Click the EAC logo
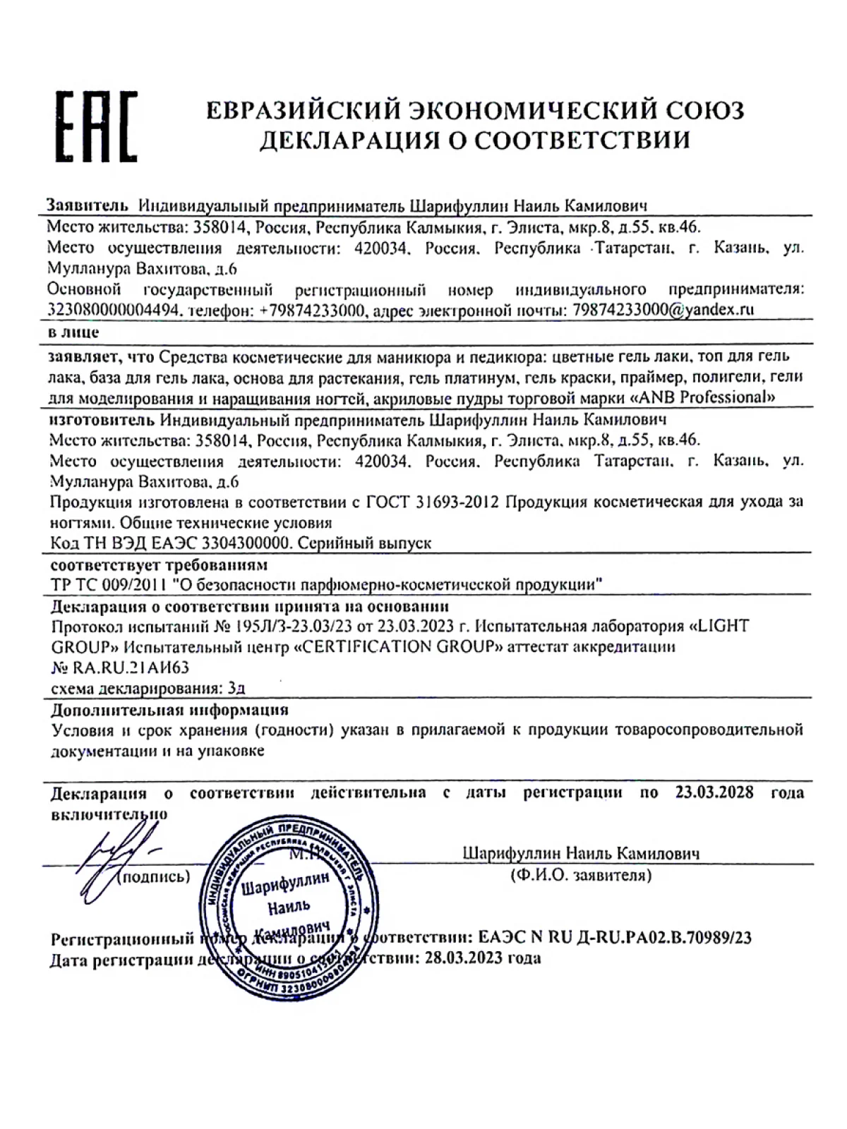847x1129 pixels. click(97, 126)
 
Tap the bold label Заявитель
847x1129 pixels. click(88, 205)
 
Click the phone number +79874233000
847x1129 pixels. click(311, 310)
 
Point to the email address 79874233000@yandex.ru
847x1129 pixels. click(663, 309)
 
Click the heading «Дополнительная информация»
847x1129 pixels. click(169, 709)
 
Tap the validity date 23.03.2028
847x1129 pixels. click(714, 792)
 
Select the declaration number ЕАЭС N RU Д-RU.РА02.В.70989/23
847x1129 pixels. click(614, 938)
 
